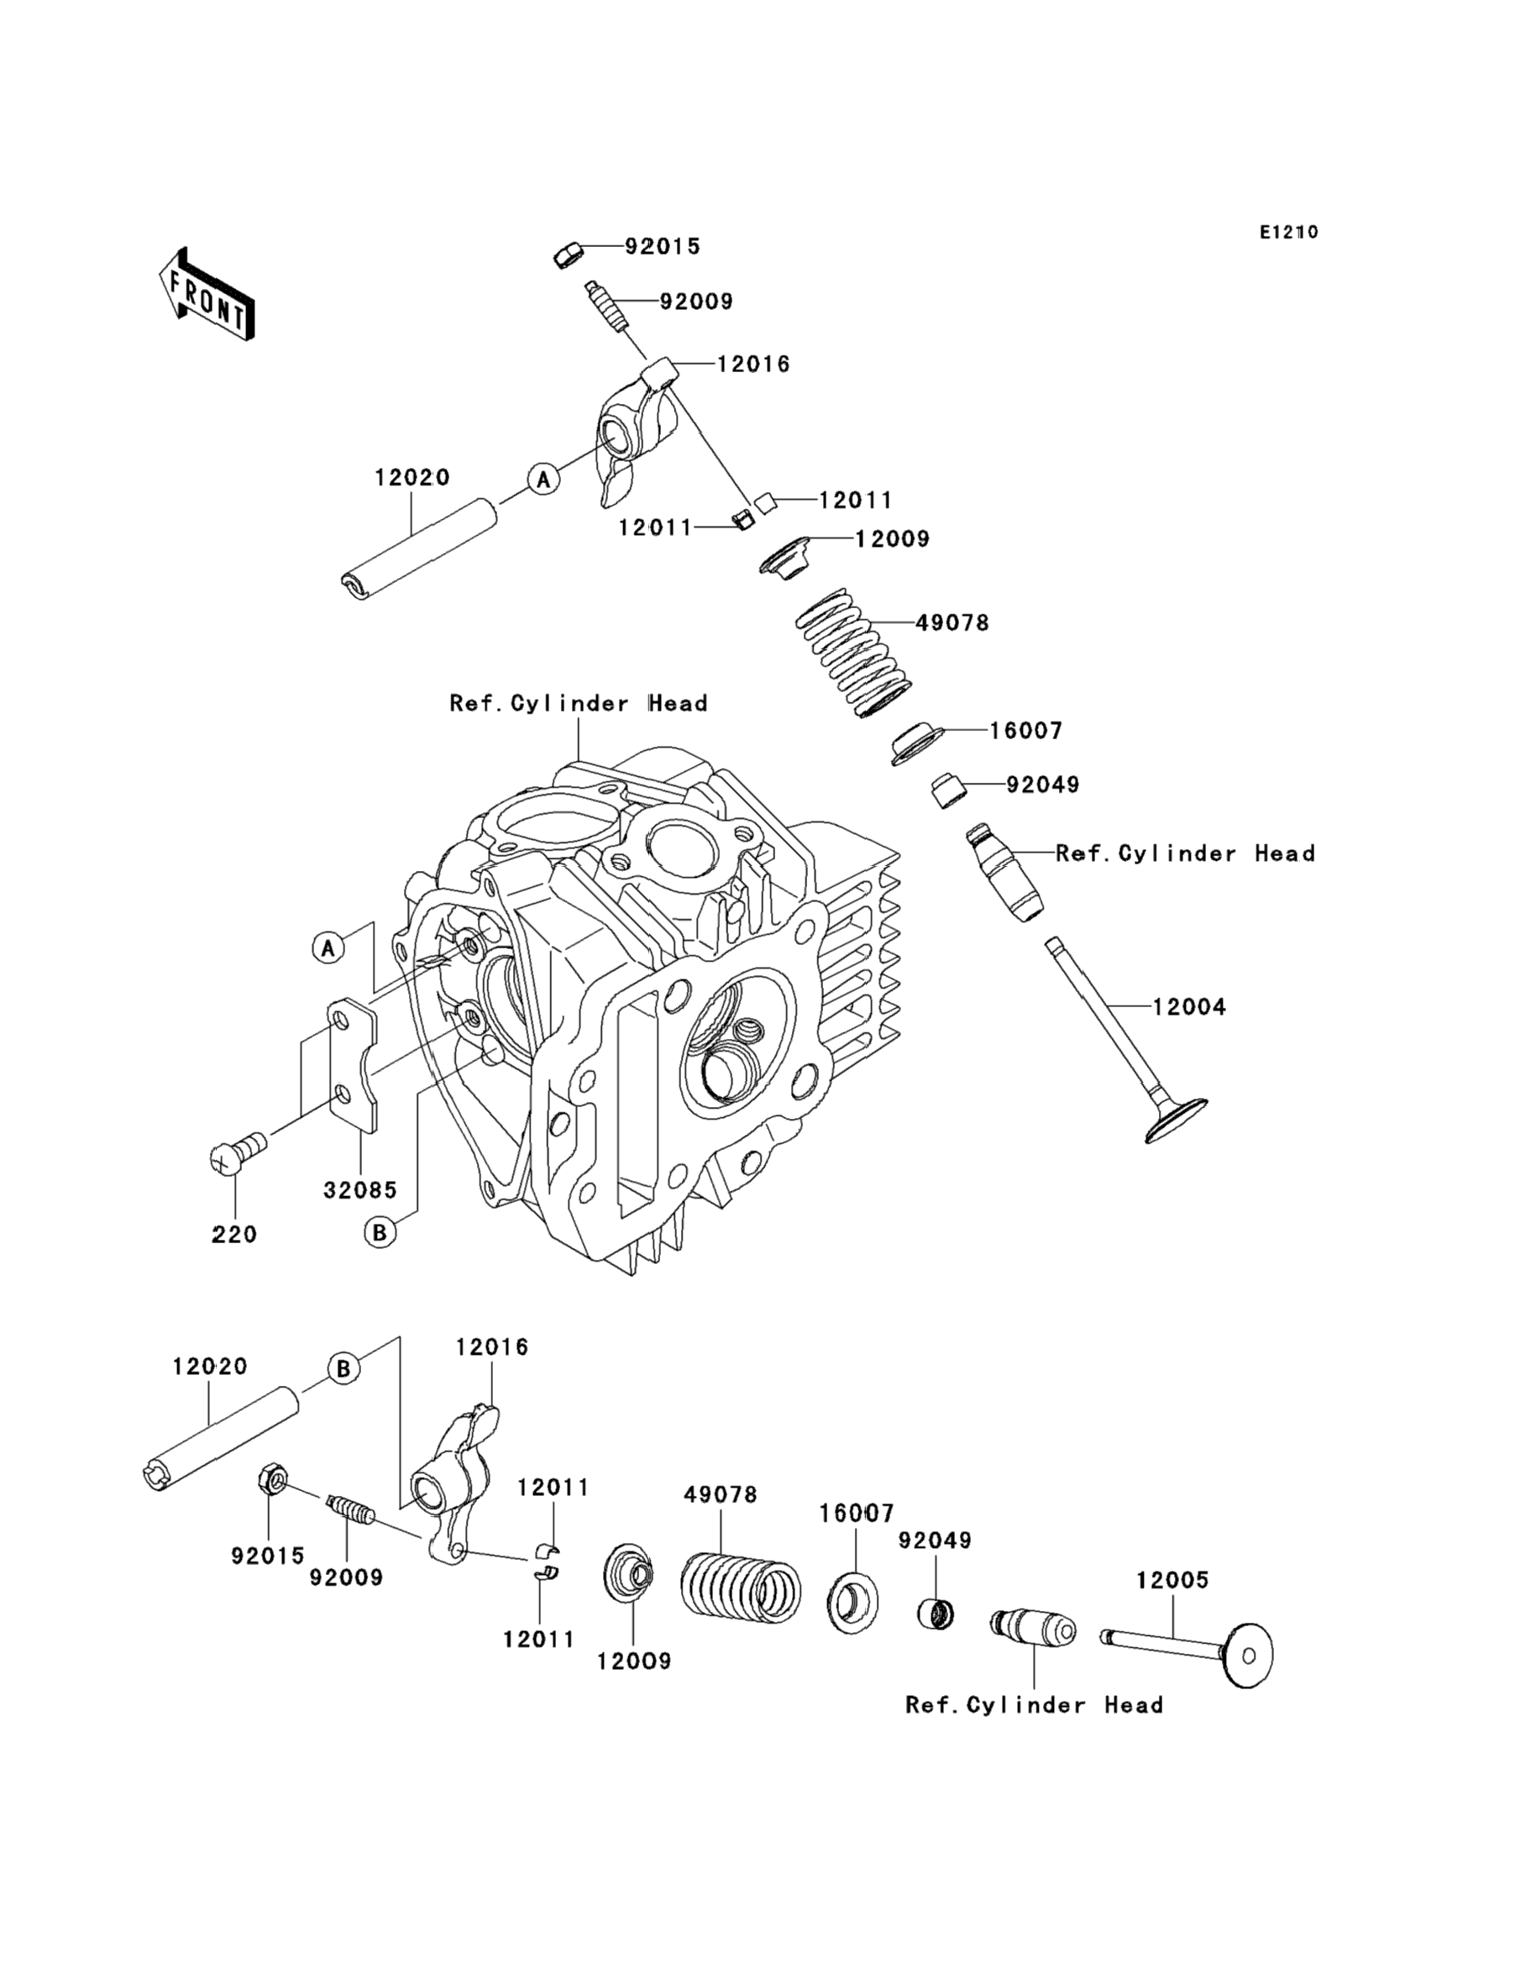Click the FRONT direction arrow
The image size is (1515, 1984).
tap(206, 294)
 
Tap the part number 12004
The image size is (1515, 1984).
tap(1189, 1006)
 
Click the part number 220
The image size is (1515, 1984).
tap(234, 1234)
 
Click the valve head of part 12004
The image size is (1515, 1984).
tap(1176, 1121)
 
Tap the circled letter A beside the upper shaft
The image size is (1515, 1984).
tap(543, 479)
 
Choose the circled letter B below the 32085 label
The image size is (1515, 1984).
tap(380, 1232)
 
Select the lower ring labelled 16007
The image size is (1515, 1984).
tap(853, 1601)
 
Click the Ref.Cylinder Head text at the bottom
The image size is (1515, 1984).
tap(1035, 1704)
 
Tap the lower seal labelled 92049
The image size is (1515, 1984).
tap(936, 1613)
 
